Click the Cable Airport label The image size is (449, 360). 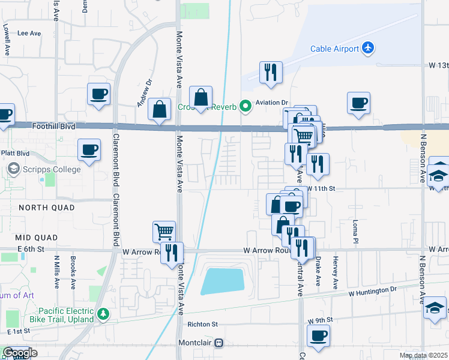click(334, 49)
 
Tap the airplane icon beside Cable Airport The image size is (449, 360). click(368, 48)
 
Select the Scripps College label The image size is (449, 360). click(51, 169)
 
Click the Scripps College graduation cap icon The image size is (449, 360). click(13, 169)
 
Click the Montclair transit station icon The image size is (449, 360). click(218, 343)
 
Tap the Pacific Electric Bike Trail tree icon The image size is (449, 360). click(103, 313)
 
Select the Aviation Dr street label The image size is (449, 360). click(272, 103)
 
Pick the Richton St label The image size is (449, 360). click(202, 324)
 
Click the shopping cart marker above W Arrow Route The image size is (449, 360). click(163, 230)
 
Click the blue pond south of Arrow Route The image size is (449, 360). click(222, 281)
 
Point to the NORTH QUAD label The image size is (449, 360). click(46, 208)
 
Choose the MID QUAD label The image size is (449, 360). click(38, 238)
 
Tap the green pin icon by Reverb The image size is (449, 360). click(245, 107)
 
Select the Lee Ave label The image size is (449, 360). click(29, 34)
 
